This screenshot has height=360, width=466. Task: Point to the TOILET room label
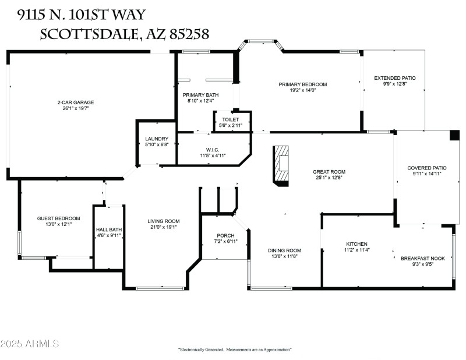[230, 119]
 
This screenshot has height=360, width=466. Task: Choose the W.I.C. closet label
[212, 150]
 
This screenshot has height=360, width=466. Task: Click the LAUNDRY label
[157, 139]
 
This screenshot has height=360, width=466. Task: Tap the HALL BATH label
[109, 230]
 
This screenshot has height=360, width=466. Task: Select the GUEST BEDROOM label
[59, 218]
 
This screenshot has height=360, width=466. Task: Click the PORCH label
[225, 235]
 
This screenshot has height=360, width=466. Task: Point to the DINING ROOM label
[284, 250]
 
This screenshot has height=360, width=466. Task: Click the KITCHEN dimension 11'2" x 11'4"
[358, 250]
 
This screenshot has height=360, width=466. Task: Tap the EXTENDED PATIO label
[394, 78]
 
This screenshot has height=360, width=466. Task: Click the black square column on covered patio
[454, 135]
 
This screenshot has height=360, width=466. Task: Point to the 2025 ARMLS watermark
[30, 344]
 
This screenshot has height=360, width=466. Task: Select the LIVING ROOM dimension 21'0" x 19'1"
[163, 227]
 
